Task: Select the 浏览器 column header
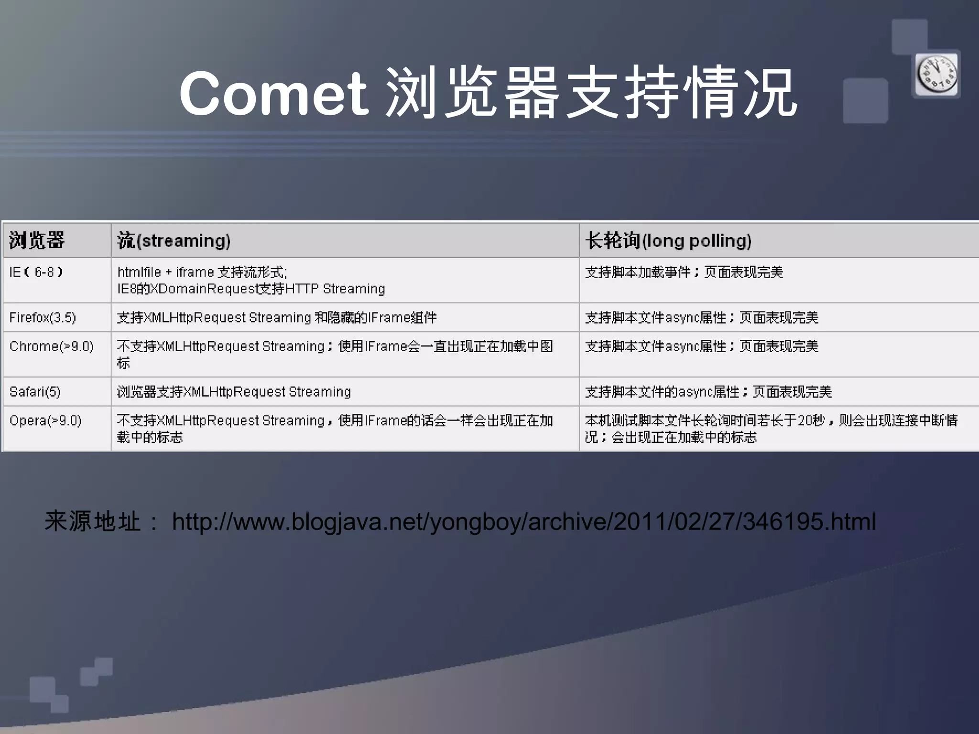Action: point(37,240)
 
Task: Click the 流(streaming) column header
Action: point(174,240)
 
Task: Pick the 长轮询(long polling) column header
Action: point(668,240)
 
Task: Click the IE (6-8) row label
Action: point(36,272)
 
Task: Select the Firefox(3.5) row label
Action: point(43,318)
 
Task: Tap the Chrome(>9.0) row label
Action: point(52,346)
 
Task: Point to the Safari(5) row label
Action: point(35,392)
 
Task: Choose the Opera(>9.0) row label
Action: point(45,421)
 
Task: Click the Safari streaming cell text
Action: point(234,392)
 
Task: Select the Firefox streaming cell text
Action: point(277,318)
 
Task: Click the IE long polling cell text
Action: point(684,272)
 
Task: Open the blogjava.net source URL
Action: point(524,521)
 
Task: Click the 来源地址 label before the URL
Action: point(92,521)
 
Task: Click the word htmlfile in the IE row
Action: point(139,272)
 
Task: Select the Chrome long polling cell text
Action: point(702,346)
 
